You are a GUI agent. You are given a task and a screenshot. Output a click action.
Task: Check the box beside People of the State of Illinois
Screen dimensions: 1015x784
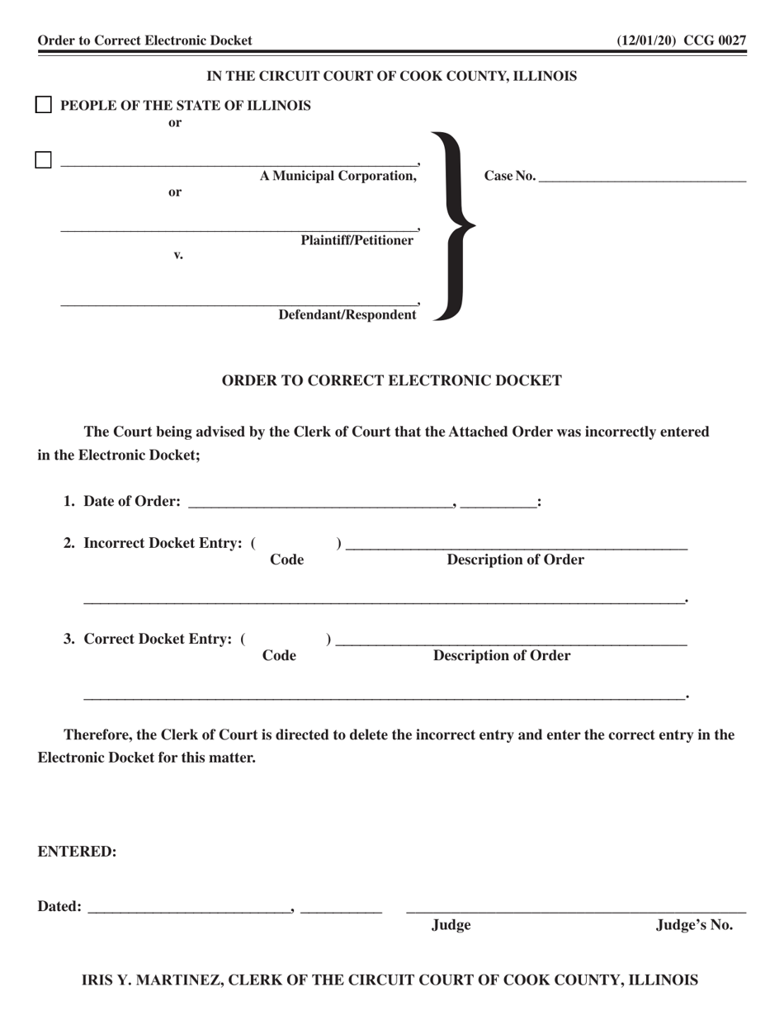pyautogui.click(x=44, y=105)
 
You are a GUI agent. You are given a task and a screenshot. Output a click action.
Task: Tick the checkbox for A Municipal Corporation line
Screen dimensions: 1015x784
pyautogui.click(x=44, y=160)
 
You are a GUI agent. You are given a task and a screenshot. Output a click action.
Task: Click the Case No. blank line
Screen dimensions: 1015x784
pyautogui.click(x=642, y=177)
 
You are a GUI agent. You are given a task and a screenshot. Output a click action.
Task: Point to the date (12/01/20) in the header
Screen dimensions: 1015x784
pyautogui.click(x=647, y=40)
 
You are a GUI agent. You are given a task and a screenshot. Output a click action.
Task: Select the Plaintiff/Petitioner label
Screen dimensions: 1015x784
pyautogui.click(x=357, y=241)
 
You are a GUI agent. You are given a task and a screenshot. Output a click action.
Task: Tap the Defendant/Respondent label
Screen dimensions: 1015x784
pyautogui.click(x=347, y=315)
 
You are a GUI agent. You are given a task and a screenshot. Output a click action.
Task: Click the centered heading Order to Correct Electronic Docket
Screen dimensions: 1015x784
pyautogui.click(x=392, y=380)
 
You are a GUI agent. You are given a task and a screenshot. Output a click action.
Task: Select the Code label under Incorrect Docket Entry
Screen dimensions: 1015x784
pyautogui.click(x=286, y=560)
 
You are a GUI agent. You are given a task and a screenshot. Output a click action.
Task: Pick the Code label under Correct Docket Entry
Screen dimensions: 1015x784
pyautogui.click(x=279, y=656)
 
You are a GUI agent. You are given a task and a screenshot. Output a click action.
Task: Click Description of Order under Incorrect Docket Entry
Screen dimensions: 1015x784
pyautogui.click(x=515, y=560)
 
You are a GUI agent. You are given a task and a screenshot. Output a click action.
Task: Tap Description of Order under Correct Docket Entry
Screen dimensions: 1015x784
pyautogui.click(x=502, y=656)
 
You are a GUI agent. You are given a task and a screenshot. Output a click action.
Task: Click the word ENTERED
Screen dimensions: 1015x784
pyautogui.click(x=77, y=852)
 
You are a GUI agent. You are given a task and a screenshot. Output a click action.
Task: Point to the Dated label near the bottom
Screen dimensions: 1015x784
pyautogui.click(x=59, y=907)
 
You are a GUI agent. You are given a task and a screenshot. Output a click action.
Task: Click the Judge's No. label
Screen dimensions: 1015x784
pyautogui.click(x=694, y=925)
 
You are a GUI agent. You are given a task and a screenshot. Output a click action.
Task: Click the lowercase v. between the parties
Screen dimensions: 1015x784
pyautogui.click(x=177, y=255)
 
